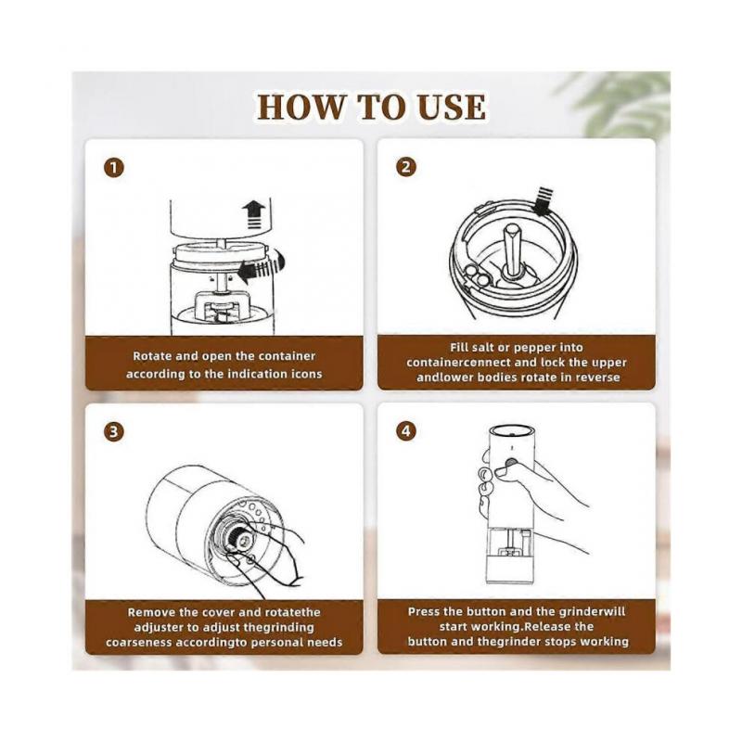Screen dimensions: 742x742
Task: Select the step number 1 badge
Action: [x=113, y=168]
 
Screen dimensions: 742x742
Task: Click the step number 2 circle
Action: [x=406, y=167]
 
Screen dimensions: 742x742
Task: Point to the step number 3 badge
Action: [x=113, y=432]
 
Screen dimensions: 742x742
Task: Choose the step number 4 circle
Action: [x=406, y=431]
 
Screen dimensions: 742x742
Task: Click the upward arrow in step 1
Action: [x=254, y=215]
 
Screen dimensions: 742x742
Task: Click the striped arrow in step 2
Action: [x=544, y=199]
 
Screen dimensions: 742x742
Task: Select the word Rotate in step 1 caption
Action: [x=150, y=356]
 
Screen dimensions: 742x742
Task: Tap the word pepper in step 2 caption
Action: [x=534, y=348]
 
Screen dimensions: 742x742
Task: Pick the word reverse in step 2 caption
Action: [x=598, y=377]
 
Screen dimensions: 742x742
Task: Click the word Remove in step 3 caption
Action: [x=146, y=612]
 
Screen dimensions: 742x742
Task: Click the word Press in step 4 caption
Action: [x=423, y=611]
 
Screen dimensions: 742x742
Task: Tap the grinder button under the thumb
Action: [x=510, y=462]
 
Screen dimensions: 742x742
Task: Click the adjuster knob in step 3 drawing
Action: [x=242, y=540]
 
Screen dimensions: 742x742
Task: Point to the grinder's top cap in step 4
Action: [x=511, y=430]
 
